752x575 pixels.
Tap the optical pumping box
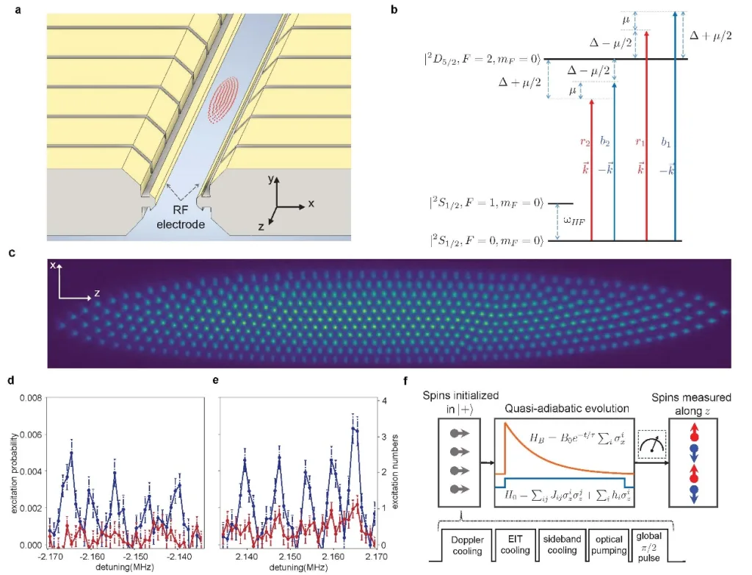pyautogui.click(x=608, y=540)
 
